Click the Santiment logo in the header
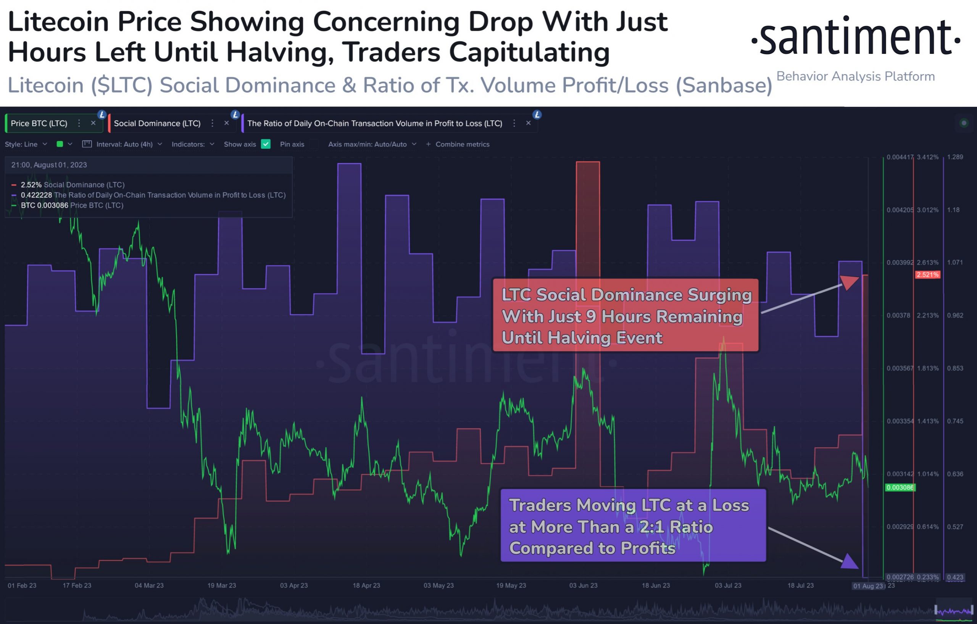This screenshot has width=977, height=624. click(855, 37)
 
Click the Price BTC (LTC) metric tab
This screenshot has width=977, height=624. click(39, 123)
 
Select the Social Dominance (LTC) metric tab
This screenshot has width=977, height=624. click(157, 123)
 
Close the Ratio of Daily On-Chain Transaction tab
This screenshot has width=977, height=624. click(528, 123)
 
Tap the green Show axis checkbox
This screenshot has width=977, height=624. click(266, 144)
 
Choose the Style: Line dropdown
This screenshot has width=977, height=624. click(26, 144)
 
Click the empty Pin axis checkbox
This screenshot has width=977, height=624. click(314, 144)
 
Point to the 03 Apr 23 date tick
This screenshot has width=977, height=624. click(294, 585)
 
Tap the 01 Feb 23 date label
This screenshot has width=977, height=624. click(22, 585)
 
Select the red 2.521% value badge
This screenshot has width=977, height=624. click(927, 275)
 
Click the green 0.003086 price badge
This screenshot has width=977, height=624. click(900, 487)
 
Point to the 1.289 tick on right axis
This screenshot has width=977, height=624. click(955, 157)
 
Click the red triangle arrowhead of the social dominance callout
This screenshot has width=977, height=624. click(850, 282)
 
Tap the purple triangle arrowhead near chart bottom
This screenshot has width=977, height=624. click(850, 561)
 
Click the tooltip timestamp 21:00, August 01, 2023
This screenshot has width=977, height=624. click(49, 165)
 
